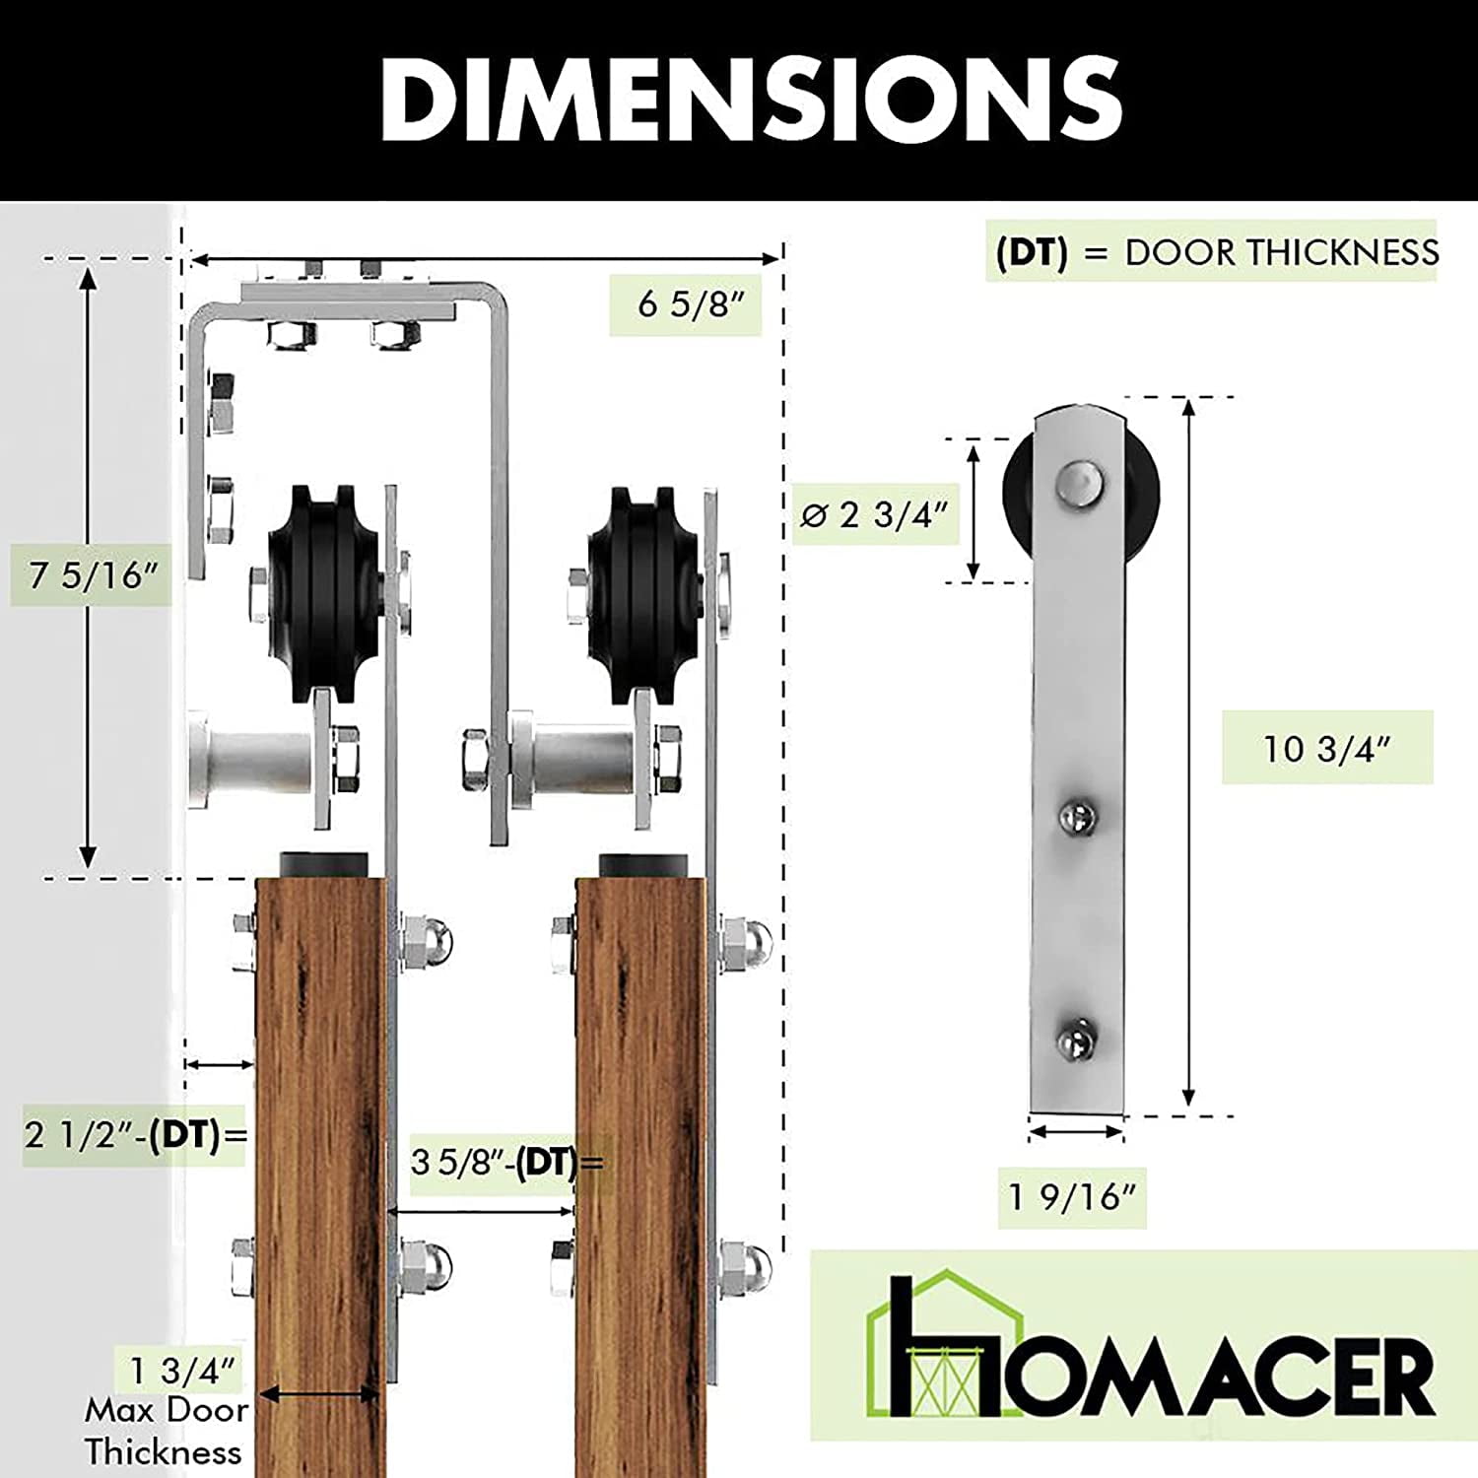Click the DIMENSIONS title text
[751, 99]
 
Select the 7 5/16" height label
[93, 574]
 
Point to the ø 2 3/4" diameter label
[875, 513]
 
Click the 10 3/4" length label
[1326, 749]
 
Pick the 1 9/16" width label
[1072, 1197]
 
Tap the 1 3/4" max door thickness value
[183, 1370]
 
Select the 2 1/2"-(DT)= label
[135, 1135]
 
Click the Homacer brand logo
[1149, 1346]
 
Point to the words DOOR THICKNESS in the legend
[1282, 252]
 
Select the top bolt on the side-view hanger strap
[1079, 482]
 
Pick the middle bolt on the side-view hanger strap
[1077, 816]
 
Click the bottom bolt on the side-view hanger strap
[1077, 1037]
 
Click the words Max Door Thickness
[165, 1431]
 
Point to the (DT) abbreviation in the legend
[1032, 252]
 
